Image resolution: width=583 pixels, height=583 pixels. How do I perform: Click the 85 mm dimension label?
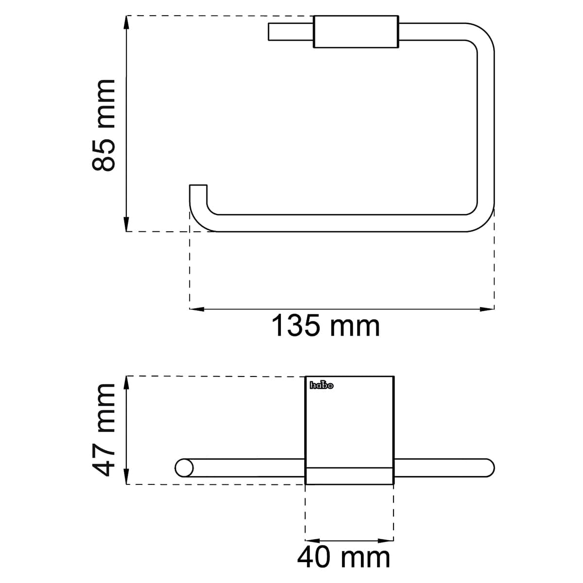[x=103, y=125]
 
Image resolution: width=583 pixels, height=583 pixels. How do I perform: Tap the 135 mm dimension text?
[x=325, y=326]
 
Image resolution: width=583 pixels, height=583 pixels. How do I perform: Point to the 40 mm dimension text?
[x=343, y=558]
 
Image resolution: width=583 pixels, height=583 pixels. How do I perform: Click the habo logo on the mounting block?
[x=321, y=385]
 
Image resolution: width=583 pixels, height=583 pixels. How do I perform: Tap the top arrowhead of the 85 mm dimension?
[x=127, y=22]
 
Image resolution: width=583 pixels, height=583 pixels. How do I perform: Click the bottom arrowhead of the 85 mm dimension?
[x=127, y=224]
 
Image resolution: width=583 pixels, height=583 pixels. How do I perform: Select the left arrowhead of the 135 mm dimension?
[x=197, y=309]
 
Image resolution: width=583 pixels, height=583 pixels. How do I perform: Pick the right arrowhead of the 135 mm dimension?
[x=487, y=309]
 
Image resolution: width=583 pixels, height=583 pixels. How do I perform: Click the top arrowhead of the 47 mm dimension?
[x=127, y=383]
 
